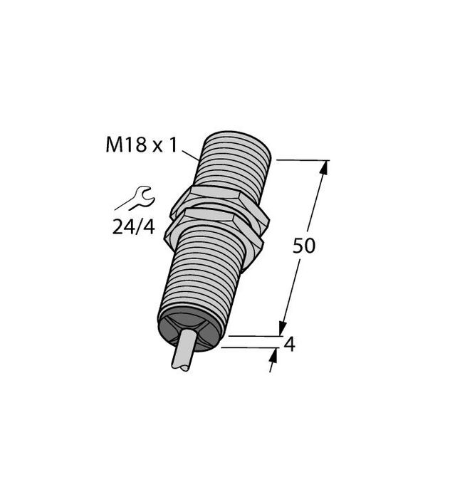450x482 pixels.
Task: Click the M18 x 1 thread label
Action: tap(140, 145)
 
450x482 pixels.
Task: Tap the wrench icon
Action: tap(135, 197)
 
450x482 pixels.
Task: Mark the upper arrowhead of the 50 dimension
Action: tap(325, 168)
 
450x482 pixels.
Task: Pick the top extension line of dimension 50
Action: tap(302, 160)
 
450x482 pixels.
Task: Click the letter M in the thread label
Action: tap(113, 145)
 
